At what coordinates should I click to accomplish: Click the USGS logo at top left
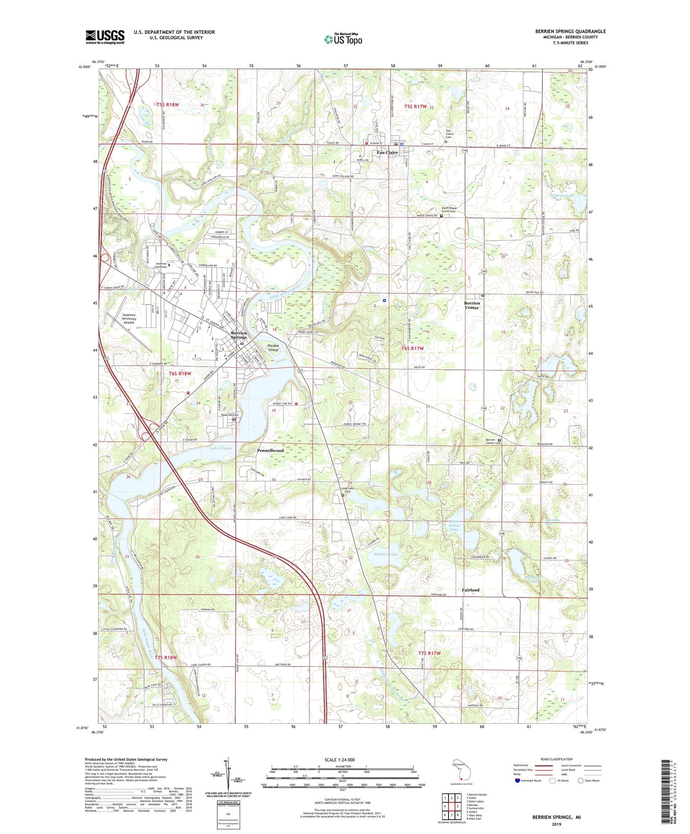[x=105, y=37]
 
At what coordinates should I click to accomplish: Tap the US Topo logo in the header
[x=343, y=40]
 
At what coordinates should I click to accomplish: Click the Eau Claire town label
[x=387, y=153]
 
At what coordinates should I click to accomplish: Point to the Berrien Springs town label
[x=239, y=335]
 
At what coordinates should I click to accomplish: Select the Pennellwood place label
[x=270, y=450]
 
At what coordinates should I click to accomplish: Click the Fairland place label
[x=470, y=590]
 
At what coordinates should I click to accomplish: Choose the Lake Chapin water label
[x=221, y=448]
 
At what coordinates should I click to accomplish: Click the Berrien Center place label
[x=472, y=305]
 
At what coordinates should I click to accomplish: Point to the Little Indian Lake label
[x=454, y=525]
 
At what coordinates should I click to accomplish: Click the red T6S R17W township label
[x=412, y=348]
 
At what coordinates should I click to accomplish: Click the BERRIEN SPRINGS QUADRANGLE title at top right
[x=570, y=31]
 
